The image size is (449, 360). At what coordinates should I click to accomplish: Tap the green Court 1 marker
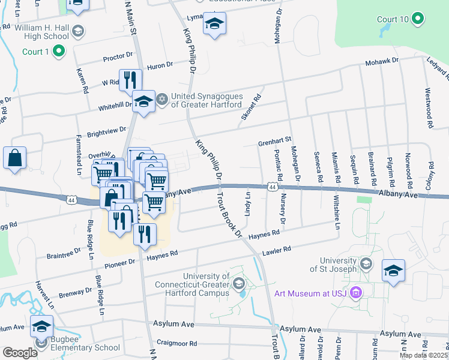58,52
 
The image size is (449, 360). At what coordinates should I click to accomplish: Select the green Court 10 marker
418,20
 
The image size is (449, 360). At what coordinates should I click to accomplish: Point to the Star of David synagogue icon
161,98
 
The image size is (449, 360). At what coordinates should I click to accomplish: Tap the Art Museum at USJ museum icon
356,293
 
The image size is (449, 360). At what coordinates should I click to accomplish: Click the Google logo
20,353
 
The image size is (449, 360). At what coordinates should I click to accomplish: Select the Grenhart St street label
274,142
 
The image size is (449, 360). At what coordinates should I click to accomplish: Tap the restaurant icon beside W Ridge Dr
130,80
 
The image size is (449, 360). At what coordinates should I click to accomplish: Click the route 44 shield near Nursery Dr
273,187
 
